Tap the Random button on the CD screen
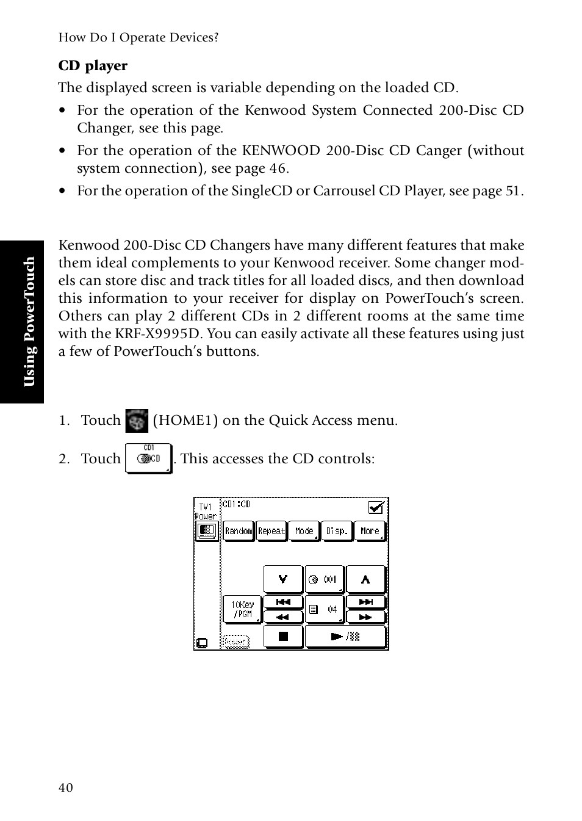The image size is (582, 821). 238,531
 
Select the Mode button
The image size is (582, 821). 304,531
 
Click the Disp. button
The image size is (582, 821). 337,531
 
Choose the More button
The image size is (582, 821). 370,531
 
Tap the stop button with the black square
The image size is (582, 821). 283,637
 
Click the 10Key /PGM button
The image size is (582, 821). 242,609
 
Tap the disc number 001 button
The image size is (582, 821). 324,579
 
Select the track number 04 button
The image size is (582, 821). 324,609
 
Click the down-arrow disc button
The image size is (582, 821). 283,579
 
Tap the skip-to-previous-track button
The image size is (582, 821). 283,602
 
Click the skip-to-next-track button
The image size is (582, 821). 365,602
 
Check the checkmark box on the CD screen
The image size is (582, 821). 376,507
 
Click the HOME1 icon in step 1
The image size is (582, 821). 137,421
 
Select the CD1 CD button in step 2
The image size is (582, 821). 148,459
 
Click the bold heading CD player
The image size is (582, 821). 93,66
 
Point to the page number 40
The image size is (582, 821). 66,788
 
